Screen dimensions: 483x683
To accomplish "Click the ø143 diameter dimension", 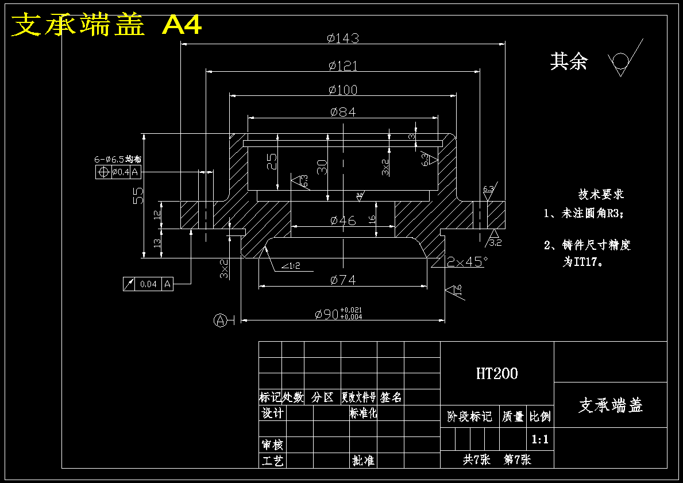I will tap(343, 38).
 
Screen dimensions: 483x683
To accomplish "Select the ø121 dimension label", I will tap(343, 66).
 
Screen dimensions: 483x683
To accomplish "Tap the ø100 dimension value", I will tap(343, 90).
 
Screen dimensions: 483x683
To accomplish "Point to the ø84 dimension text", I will tap(343, 113).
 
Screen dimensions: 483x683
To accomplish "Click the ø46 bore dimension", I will tap(343, 221).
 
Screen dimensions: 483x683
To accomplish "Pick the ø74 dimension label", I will tap(343, 280).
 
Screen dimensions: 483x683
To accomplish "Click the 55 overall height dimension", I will tap(138, 195).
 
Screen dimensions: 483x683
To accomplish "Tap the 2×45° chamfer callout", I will tap(467, 261).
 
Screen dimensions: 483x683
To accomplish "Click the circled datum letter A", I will tap(219, 320).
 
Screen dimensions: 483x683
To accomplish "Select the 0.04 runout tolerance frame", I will tap(148, 284).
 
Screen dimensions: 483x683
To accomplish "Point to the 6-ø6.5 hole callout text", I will tap(118, 159).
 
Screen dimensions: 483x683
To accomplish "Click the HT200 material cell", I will tap(497, 374).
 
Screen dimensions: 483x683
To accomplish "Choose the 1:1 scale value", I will tap(540, 440).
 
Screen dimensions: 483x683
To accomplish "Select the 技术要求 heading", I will tap(601, 195).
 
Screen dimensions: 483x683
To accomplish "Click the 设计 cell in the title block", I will tap(272, 414).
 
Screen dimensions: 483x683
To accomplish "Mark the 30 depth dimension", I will tap(323, 167).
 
